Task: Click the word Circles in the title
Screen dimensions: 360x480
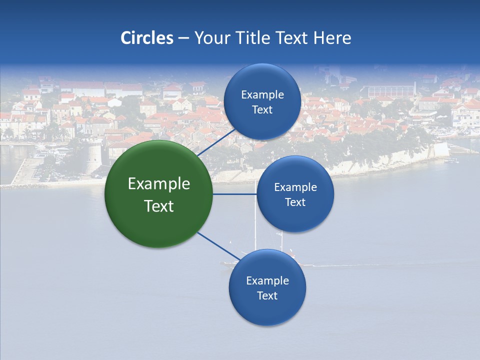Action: (146, 38)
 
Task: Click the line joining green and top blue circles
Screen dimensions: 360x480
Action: (216, 143)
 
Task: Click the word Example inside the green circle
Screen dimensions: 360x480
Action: (158, 184)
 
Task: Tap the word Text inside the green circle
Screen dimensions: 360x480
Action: (158, 206)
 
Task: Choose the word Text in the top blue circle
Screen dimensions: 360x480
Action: (262, 109)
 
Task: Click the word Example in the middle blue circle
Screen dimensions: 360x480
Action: (295, 187)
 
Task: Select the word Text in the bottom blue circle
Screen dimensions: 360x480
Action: (267, 295)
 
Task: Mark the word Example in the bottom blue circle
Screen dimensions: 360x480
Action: (267, 280)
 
